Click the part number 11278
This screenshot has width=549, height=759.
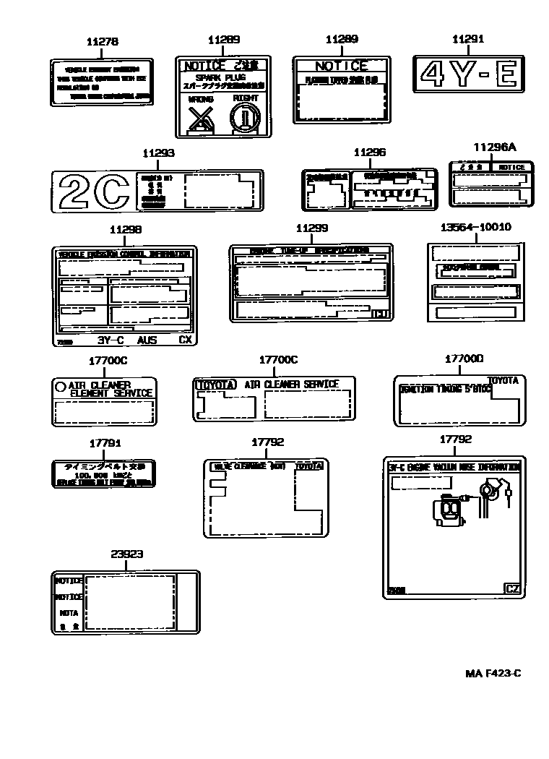pos(102,42)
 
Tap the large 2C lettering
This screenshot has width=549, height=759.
pos(92,192)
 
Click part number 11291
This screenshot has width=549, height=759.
pos(467,39)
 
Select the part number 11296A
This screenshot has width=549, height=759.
pos(495,147)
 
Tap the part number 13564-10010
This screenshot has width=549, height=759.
pos(475,227)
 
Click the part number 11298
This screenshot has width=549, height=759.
pos(125,229)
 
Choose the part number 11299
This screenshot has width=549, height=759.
pos(311,228)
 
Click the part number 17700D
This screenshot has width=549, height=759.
pos(464,358)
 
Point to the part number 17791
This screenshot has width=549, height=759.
pos(105,443)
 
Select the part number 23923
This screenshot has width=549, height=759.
pos(126,554)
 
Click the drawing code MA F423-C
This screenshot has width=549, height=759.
pos(493,674)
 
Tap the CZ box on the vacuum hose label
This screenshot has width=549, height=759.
pos(512,588)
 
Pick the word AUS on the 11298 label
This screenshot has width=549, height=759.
pos(147,339)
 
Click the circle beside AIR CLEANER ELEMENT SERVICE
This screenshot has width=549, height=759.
pos(61,387)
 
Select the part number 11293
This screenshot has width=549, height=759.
pos(158,153)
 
